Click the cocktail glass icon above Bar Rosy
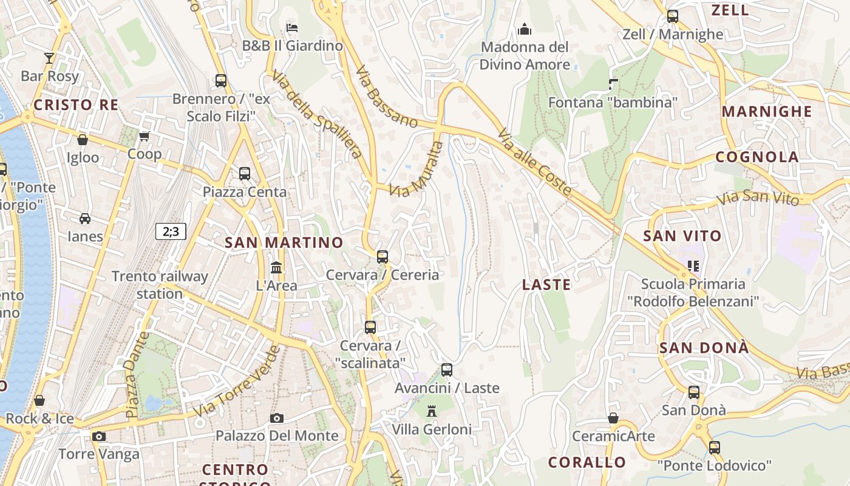49,58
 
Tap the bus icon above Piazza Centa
245,174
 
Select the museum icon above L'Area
276,267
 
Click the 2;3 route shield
171,231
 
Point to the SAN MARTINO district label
284,242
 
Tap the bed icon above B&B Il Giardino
292,27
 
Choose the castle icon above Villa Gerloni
432,411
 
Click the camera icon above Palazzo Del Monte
277,418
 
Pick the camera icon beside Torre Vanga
99,436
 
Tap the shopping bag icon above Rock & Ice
39,400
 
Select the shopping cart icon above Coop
144,136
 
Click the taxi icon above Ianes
85,219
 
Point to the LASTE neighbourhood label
546,284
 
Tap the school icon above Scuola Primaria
693,265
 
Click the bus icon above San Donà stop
694,392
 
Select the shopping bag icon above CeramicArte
613,418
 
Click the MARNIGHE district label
767,112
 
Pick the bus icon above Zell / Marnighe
672,16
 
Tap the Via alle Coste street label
535,162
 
